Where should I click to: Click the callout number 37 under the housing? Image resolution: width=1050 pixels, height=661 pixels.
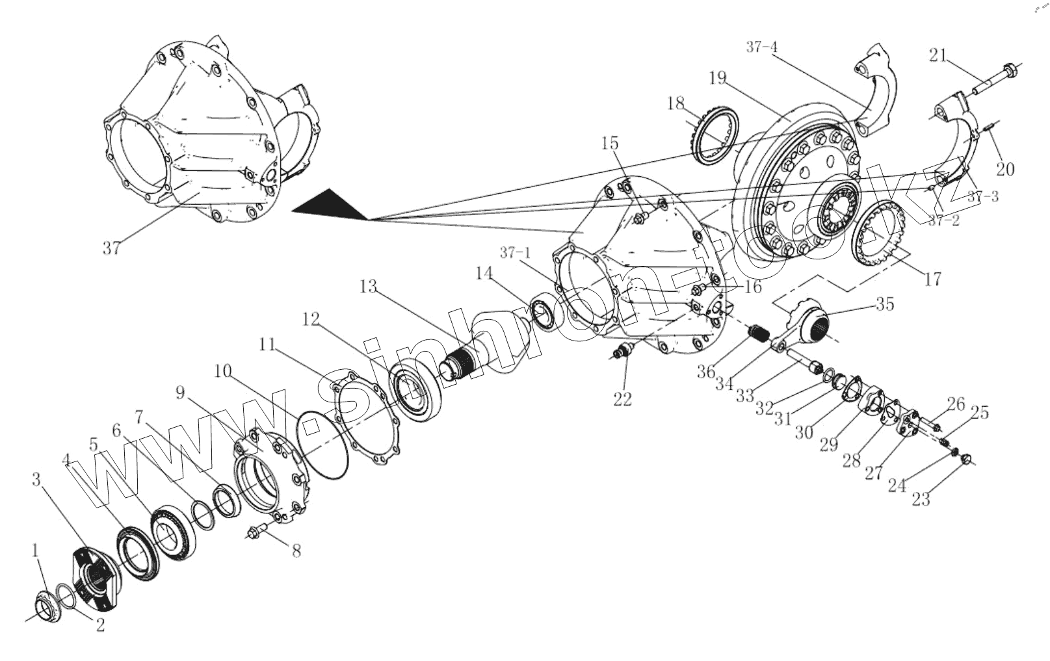tap(111, 248)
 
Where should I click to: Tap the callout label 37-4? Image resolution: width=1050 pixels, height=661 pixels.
tap(761, 47)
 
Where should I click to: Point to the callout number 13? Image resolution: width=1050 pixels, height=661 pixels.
tap(368, 285)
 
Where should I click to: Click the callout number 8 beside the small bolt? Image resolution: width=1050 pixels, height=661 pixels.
tap(296, 551)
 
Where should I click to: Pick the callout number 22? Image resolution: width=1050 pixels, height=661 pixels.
tap(622, 399)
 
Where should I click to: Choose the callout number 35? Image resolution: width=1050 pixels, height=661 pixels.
tap(884, 304)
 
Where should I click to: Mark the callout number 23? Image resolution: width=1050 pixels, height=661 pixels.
tap(921, 499)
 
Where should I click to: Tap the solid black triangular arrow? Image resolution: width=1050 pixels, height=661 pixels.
tap(332, 207)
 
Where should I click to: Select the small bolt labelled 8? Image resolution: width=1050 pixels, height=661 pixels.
tap(256, 531)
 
